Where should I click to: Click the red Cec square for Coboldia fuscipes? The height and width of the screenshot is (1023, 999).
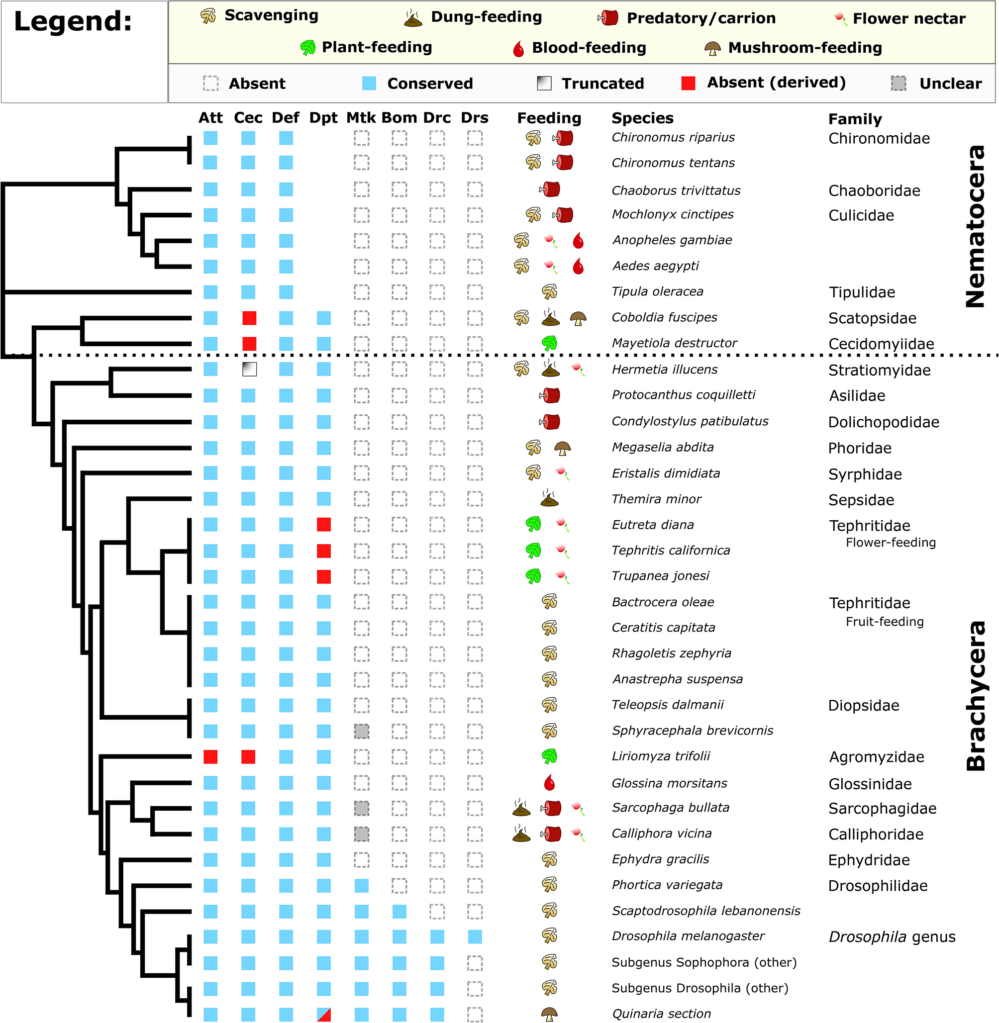click(x=249, y=318)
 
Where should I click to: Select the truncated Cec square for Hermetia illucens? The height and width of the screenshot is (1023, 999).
click(x=249, y=370)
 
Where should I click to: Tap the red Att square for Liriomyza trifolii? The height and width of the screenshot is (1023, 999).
click(x=210, y=756)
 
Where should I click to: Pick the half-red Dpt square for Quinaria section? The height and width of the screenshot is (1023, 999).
click(x=324, y=1014)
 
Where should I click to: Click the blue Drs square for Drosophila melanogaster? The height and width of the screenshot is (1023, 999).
click(x=475, y=936)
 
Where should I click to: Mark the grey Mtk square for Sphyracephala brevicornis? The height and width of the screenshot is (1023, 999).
click(x=362, y=731)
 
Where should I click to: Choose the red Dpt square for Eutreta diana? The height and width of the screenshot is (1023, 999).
click(x=324, y=525)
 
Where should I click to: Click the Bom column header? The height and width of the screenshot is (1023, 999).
click(x=400, y=118)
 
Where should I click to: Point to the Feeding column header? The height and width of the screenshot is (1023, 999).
click(x=549, y=118)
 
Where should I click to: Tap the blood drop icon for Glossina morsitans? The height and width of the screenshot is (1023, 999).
click(x=549, y=783)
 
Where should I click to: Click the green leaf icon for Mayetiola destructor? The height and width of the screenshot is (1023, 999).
click(x=549, y=344)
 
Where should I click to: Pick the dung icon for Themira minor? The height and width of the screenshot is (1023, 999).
click(x=549, y=498)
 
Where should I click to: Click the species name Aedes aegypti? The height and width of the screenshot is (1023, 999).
click(x=655, y=266)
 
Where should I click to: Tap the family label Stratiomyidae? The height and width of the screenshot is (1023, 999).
click(x=880, y=371)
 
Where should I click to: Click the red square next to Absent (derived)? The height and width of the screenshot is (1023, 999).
click(x=688, y=83)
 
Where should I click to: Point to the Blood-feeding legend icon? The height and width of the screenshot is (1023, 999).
click(x=518, y=49)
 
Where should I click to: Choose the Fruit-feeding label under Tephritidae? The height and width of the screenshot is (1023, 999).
click(x=885, y=622)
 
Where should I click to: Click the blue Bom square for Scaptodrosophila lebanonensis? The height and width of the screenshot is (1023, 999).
click(x=400, y=911)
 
